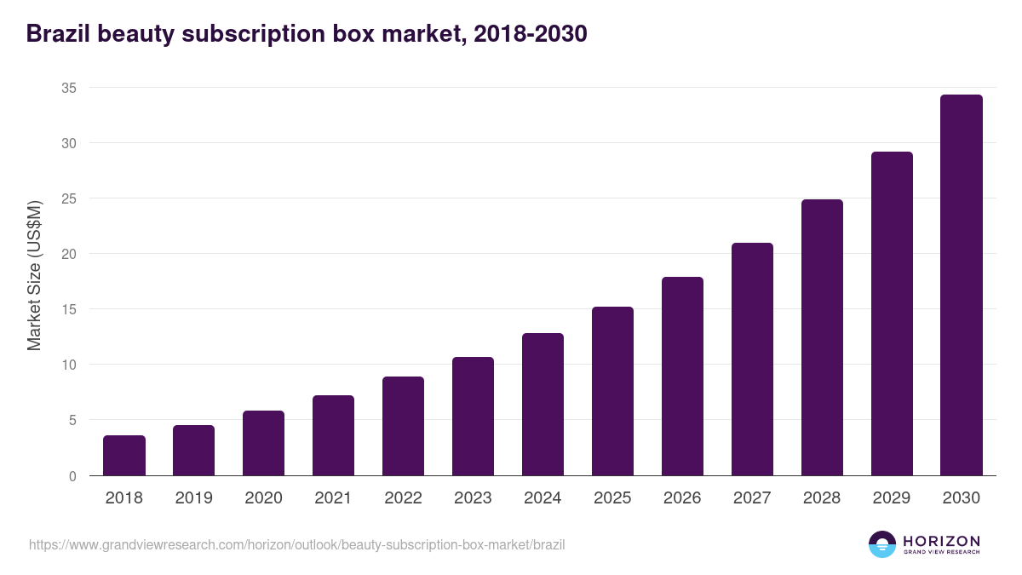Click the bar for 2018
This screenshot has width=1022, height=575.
[x=124, y=456]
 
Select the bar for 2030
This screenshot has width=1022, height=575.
[x=961, y=285]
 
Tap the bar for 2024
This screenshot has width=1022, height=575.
[x=543, y=405]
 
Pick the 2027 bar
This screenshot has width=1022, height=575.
[x=752, y=359]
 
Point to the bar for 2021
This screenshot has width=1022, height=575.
[x=333, y=435]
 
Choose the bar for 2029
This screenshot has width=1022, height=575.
[x=892, y=313]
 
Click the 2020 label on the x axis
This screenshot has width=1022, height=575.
[x=263, y=498]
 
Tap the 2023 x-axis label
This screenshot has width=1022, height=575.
[x=473, y=498]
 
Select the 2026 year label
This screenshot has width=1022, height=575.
[x=682, y=498]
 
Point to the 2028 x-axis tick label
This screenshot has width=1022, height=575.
[x=822, y=498]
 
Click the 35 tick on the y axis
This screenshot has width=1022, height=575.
[x=69, y=88]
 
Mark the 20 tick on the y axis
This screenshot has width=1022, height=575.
[x=69, y=254]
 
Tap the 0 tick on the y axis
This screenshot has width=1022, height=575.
[x=72, y=476]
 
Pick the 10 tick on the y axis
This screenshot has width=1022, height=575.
[x=69, y=365]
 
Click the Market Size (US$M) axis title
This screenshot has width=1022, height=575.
[x=34, y=276]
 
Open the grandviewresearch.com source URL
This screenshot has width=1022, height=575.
[x=296, y=544]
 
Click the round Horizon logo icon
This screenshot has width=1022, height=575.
[x=882, y=544]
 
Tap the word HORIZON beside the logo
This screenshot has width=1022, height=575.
[x=941, y=541]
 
